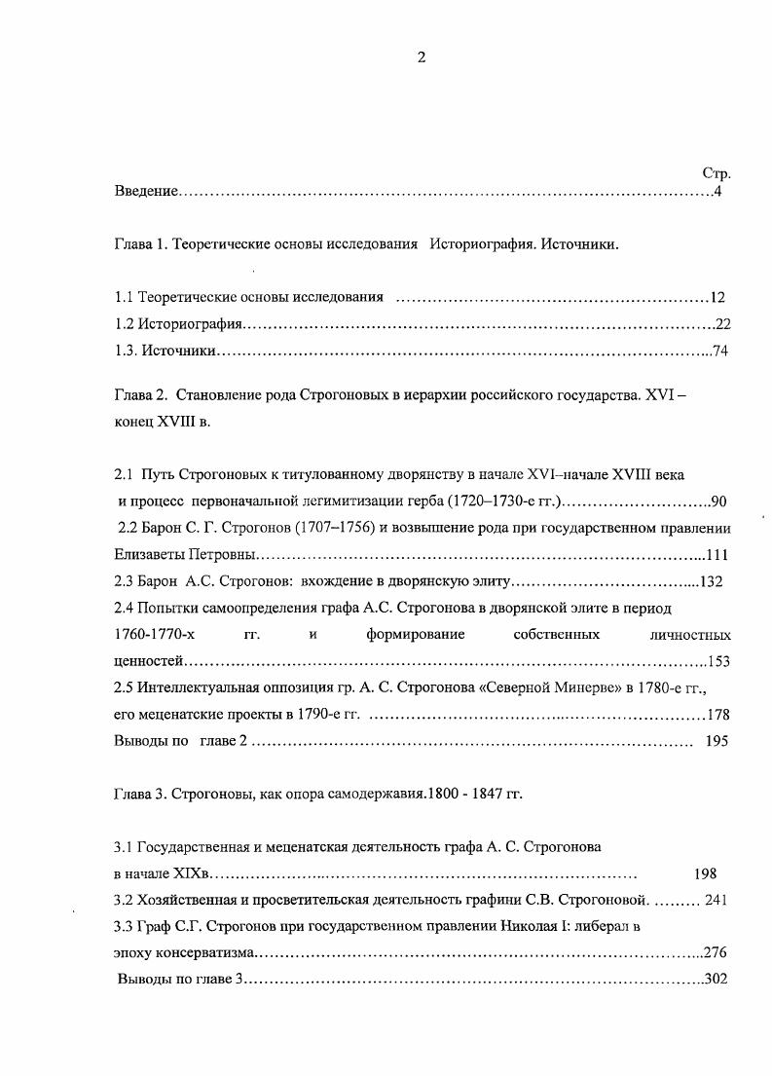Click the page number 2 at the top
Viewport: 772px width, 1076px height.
click(422, 57)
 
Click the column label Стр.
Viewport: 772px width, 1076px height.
click(716, 173)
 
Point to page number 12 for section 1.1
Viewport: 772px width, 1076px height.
click(717, 297)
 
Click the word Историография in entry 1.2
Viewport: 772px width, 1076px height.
click(189, 324)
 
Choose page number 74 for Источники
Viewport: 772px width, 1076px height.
click(720, 352)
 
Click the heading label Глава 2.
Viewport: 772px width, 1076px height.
click(141, 397)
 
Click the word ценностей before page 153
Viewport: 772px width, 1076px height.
click(149, 662)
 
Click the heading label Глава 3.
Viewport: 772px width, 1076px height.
click(141, 794)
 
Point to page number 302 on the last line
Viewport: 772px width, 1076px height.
click(717, 979)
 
